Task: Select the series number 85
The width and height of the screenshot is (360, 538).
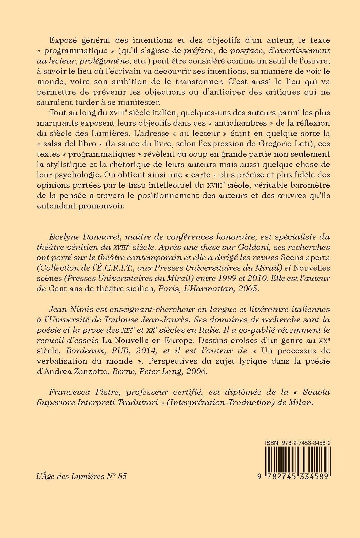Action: (x=122, y=476)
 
